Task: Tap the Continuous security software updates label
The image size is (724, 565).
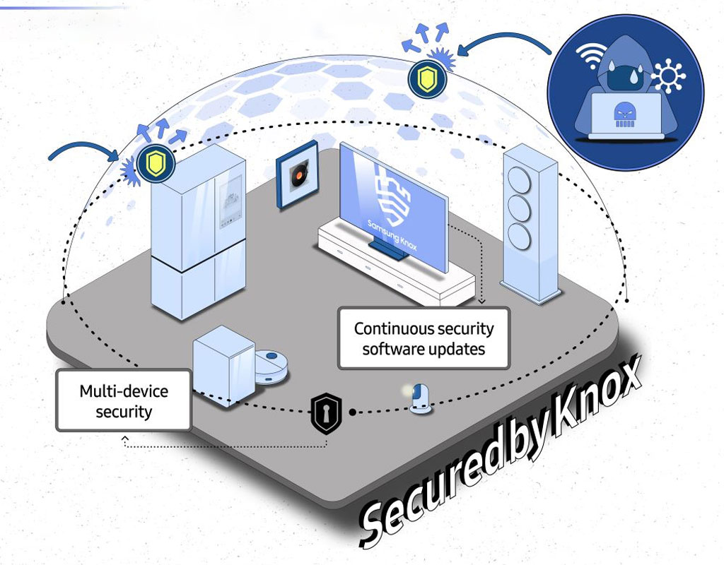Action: [424, 338]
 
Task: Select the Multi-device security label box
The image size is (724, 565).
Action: [124, 400]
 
